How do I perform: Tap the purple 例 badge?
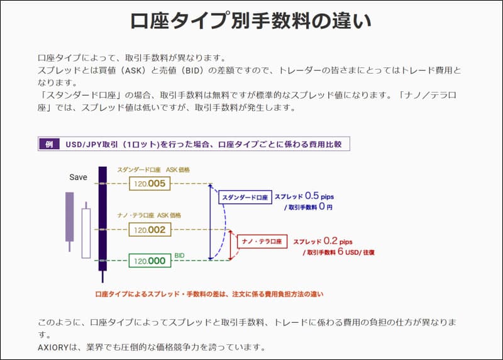point(48,144)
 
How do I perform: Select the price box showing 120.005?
point(150,183)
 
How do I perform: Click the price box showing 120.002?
point(150,230)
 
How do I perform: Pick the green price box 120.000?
point(150,261)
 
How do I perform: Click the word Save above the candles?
point(78,177)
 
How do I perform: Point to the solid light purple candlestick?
point(69,217)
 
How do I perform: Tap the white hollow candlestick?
point(86,233)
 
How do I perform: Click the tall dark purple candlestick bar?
point(102,218)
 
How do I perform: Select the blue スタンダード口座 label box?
point(244,198)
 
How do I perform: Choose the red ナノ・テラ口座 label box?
point(262,240)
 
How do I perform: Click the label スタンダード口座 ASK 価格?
point(153,170)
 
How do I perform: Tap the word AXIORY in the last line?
point(55,347)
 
